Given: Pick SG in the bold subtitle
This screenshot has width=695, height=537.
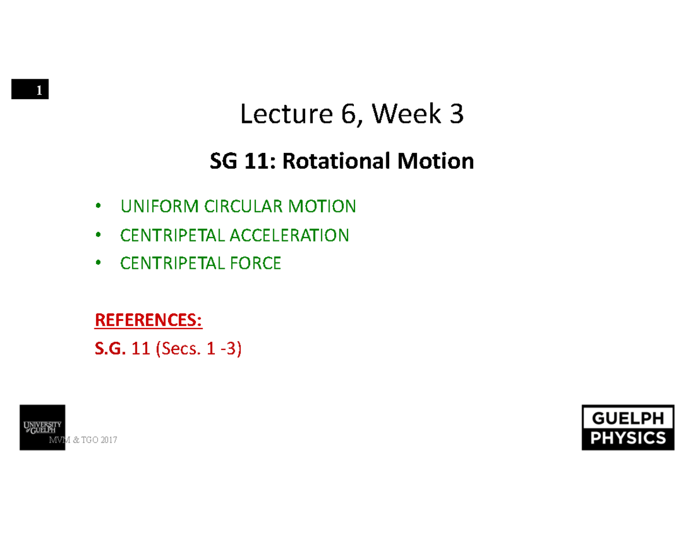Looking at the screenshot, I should coord(222,161).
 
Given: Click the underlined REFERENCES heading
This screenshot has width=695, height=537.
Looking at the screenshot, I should coord(148,320).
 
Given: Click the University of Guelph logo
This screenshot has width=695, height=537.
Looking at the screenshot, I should coord(43,428).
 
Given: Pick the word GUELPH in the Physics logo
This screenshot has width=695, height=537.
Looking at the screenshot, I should coord(628,418).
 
